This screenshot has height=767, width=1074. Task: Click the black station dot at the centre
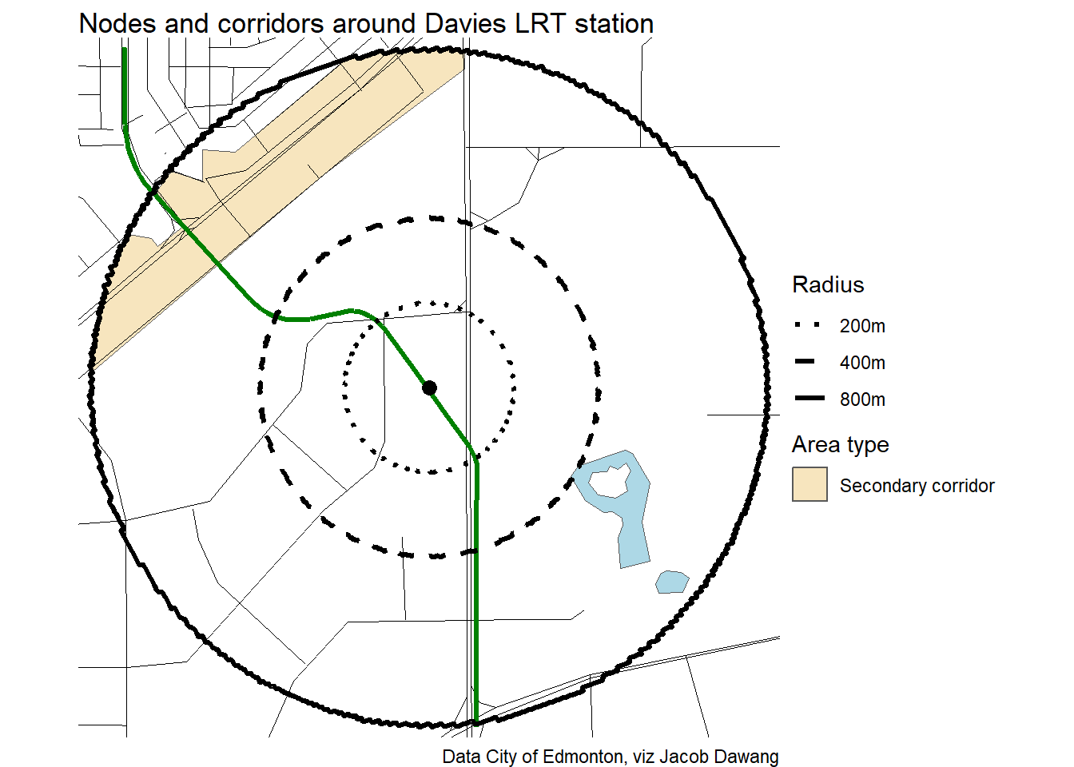429,387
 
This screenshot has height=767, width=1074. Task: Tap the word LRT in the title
540,24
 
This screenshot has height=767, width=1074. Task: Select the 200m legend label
862,326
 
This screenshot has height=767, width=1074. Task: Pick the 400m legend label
862,363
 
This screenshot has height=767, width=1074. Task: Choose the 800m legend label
862,399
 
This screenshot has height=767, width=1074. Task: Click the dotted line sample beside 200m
809,325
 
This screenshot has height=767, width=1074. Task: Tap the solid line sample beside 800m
809,398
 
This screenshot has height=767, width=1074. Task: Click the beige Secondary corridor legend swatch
809,485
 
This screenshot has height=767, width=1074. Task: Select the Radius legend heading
828,285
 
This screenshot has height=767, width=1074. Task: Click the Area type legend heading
840,444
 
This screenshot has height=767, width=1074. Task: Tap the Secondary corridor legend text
917,486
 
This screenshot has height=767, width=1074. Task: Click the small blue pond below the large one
672,582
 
